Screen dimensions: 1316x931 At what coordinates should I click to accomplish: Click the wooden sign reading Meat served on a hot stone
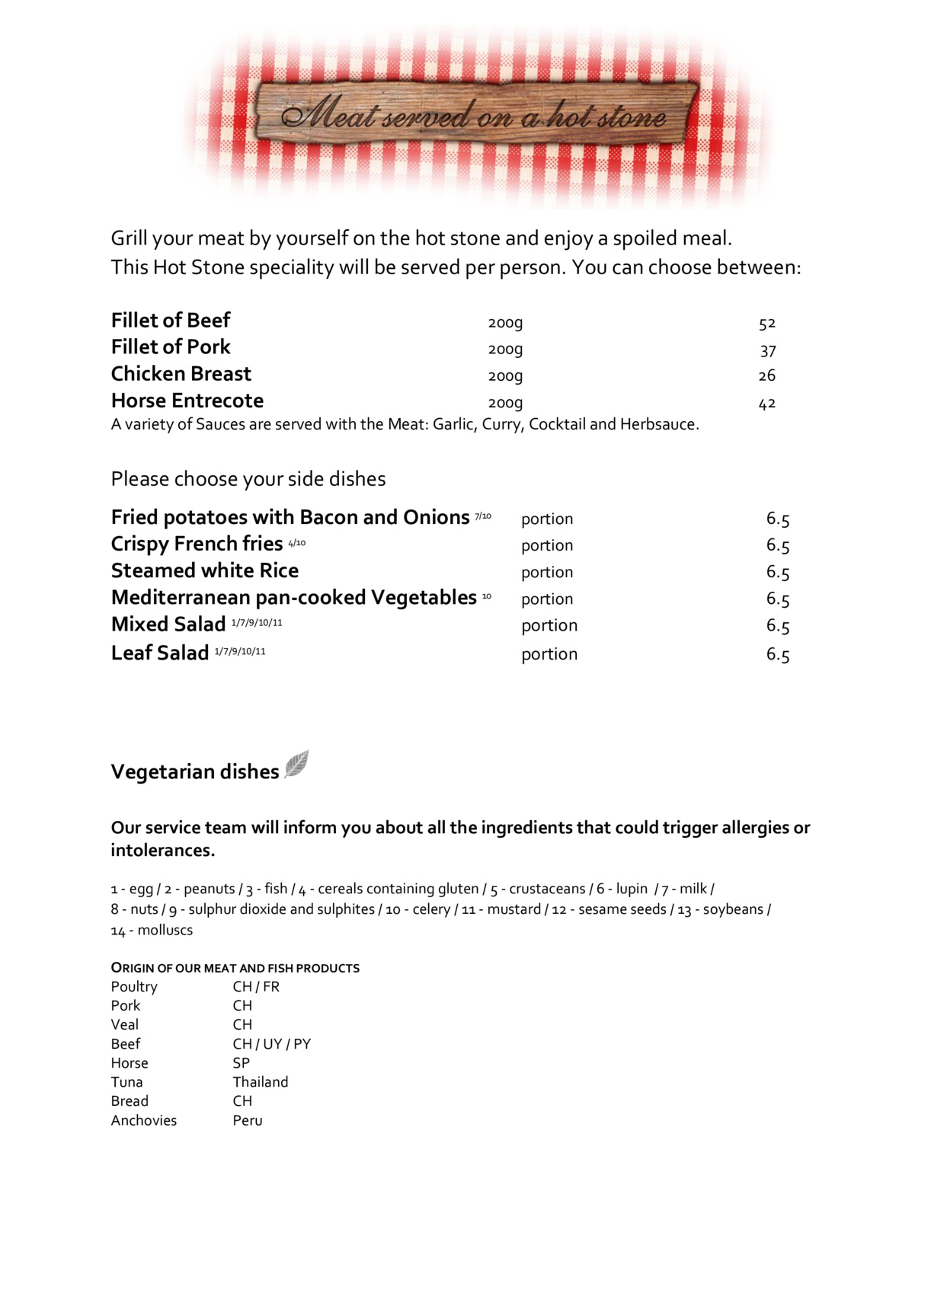coord(475,115)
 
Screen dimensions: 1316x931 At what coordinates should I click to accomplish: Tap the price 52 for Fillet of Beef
coord(766,323)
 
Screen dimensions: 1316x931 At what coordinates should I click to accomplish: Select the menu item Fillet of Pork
coord(171,347)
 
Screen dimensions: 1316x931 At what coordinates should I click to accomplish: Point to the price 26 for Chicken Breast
coord(766,375)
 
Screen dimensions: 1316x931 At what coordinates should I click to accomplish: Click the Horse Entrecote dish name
coord(187,401)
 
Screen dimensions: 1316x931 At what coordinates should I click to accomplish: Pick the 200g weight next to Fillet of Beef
coord(505,323)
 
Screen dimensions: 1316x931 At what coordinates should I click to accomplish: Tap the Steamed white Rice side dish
coord(205,570)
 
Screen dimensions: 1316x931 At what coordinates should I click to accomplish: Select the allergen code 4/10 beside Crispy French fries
coord(296,543)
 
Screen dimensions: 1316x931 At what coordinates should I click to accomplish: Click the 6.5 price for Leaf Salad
coord(777,654)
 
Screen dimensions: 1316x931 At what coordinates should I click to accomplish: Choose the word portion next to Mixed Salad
coord(549,625)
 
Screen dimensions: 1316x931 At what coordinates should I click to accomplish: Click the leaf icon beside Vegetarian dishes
coord(296,764)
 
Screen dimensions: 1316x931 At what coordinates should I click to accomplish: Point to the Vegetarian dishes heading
coord(195,771)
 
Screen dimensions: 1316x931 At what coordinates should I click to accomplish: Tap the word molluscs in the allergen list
coord(165,930)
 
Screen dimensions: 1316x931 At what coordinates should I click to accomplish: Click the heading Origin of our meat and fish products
coord(235,968)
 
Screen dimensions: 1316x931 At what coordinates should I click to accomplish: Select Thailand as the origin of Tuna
coord(261,1082)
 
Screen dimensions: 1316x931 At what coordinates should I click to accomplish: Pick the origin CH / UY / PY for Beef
coord(272,1044)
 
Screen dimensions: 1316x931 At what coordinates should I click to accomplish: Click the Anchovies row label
coord(144,1120)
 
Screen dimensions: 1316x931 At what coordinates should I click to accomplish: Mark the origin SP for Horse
coord(242,1063)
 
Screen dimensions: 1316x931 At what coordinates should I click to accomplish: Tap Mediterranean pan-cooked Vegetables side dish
coord(294,598)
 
